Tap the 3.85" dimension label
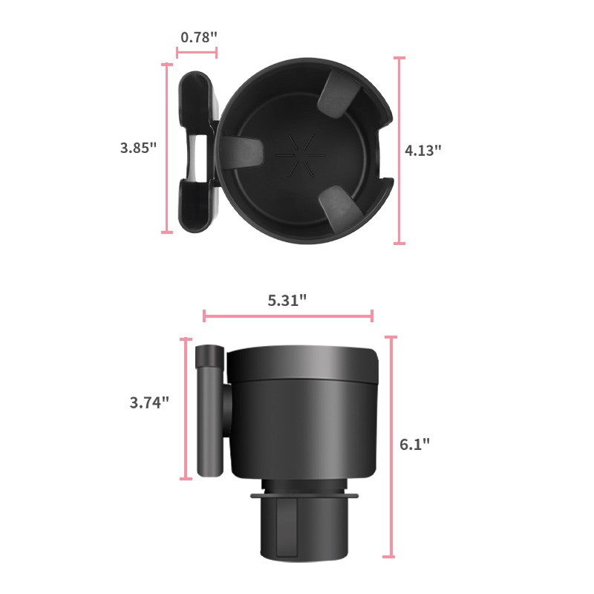point(138,147)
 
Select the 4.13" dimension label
point(423,149)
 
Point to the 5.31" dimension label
point(287,300)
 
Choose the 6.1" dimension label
point(414,444)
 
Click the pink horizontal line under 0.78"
point(197,53)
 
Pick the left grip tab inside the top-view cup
point(242,151)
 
